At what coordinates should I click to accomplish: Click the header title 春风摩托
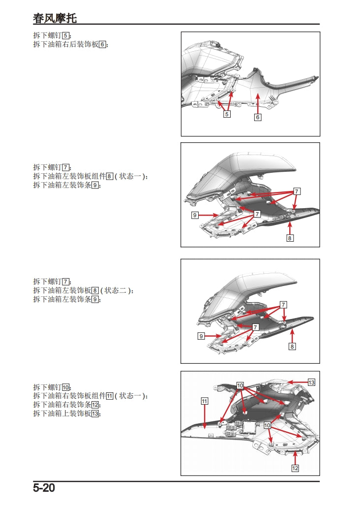(x=55, y=18)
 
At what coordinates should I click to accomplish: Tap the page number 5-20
(x=44, y=488)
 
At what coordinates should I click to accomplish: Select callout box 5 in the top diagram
(x=227, y=114)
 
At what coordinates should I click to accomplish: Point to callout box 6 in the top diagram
(x=258, y=117)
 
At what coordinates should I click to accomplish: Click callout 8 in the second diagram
(x=290, y=238)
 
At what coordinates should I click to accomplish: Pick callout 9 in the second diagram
(x=195, y=215)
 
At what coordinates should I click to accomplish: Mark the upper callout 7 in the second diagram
(x=297, y=191)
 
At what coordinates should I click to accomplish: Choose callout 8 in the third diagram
(x=292, y=347)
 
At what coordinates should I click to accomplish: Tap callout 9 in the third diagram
(x=201, y=336)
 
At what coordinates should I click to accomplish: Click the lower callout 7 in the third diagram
(x=255, y=327)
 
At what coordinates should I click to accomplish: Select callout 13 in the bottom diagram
(x=311, y=382)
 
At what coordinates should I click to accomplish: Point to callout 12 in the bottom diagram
(x=295, y=468)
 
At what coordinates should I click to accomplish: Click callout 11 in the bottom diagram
(x=205, y=401)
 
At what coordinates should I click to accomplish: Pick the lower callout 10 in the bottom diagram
(x=267, y=424)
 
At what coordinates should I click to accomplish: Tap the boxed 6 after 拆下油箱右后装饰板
(x=102, y=44)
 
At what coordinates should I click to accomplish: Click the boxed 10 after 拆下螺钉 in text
(x=66, y=387)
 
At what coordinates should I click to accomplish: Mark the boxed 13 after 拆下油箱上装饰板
(x=95, y=414)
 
